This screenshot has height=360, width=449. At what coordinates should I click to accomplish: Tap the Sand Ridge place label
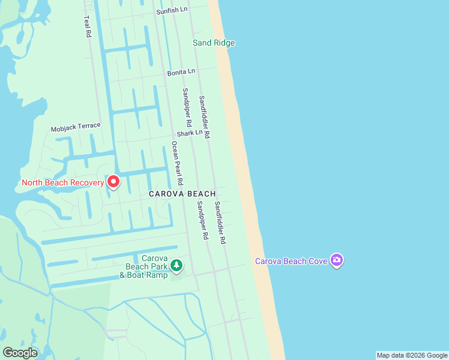point(213,43)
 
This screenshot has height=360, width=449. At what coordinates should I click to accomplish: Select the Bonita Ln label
point(181,71)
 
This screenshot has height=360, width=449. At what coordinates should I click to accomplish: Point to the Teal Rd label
point(88,27)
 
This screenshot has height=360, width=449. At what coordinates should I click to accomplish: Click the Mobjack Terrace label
point(76,127)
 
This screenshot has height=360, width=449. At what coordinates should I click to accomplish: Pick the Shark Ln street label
point(189,133)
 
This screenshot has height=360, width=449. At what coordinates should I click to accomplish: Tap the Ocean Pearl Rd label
point(176,162)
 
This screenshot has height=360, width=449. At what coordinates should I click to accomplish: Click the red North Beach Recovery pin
point(113,182)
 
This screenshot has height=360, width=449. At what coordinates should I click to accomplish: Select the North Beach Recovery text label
point(62,182)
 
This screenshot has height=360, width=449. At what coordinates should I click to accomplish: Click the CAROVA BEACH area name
point(182,194)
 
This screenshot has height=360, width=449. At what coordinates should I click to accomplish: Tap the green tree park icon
point(176,265)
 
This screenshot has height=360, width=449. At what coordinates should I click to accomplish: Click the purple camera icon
point(337,260)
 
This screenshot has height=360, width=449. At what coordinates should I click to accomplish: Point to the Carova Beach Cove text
point(292,261)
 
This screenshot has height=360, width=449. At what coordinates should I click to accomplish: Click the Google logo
point(20,353)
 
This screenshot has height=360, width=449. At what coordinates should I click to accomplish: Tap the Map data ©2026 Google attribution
point(412,355)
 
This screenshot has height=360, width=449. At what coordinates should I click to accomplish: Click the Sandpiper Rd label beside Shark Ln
point(187,110)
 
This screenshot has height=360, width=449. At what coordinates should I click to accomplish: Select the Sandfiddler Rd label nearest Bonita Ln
point(204,117)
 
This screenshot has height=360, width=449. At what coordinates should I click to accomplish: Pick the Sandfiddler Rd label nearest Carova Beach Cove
point(220,222)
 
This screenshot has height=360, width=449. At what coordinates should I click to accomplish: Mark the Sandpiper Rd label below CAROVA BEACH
point(202,220)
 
